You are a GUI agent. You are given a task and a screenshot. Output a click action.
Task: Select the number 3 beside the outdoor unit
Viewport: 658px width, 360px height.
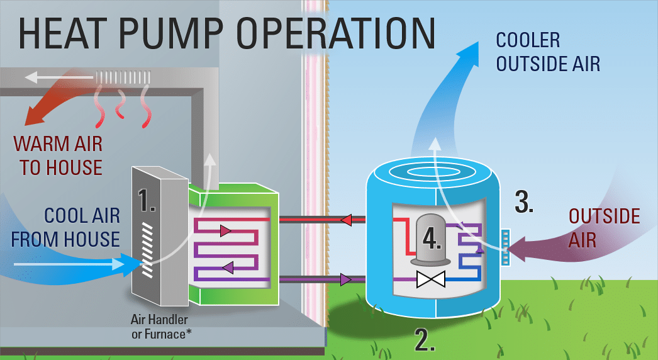pos(524,200)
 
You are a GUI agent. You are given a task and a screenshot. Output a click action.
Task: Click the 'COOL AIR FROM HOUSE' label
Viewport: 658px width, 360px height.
pos(65,227)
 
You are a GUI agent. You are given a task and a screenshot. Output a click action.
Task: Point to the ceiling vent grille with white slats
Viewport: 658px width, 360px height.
pos(123,77)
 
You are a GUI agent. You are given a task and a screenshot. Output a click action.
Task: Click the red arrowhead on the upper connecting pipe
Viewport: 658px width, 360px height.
pos(345,220)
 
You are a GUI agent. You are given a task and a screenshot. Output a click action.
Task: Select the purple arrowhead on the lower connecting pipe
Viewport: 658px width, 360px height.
pos(345,279)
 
